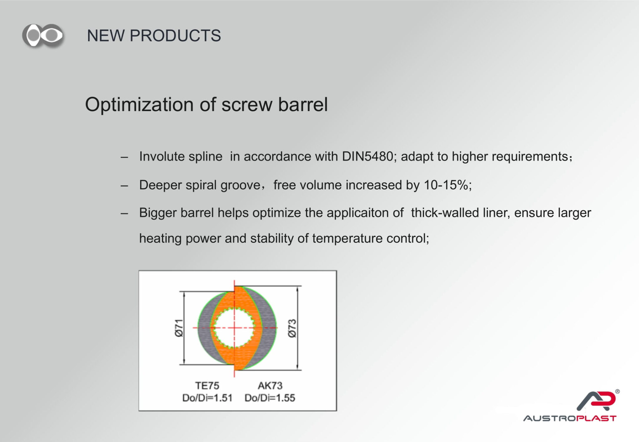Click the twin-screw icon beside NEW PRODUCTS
coord(43,35)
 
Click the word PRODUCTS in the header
coord(175,36)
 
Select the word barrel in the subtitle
coord(303,104)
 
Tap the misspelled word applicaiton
coord(365,213)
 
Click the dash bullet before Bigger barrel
coord(124,214)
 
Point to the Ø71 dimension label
coord(178,328)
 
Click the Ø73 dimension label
coord(292,328)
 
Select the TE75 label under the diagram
coord(207,386)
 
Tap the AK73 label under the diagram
coord(270,386)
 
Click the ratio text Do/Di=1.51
coord(207,398)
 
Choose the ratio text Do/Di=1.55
coord(270,398)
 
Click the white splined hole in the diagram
coord(234,328)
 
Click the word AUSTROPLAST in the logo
coord(570,418)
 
